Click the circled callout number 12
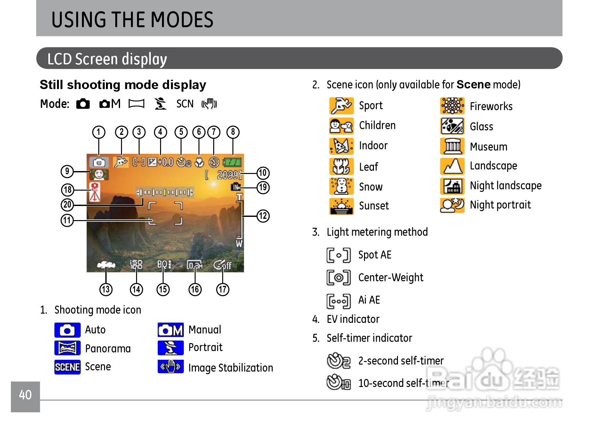263,216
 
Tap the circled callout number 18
68,190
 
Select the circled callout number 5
181,132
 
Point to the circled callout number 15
163,290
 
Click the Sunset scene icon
342,206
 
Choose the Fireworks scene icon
452,106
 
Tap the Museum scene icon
452,146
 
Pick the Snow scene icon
342,186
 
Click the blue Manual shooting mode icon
171,330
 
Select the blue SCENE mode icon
67,367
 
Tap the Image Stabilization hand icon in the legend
171,366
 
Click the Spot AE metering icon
338,255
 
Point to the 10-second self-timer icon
339,382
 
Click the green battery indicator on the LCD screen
232,162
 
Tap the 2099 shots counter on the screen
228,175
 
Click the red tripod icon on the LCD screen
95,192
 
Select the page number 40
25,395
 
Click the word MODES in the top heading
182,20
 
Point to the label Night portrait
500,205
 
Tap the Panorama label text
108,349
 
